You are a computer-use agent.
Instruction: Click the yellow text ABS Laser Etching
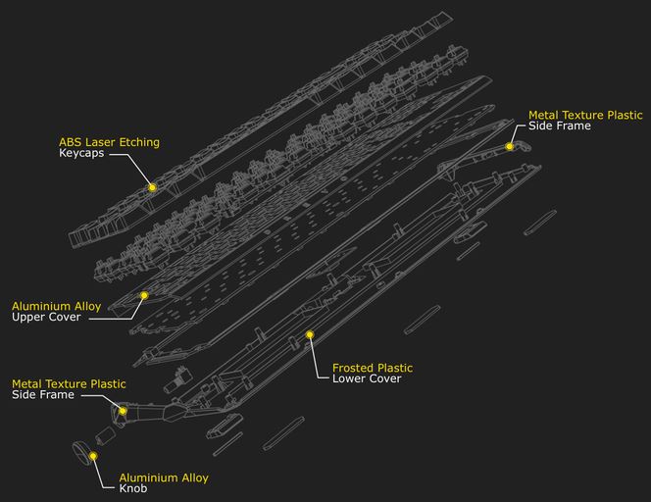click(109, 142)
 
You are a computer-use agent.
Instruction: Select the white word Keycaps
click(81, 155)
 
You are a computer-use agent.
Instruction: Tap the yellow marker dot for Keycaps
click(152, 186)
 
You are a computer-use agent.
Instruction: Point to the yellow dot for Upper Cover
click(144, 294)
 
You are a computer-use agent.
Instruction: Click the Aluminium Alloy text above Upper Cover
click(56, 306)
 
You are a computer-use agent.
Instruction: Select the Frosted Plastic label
click(373, 368)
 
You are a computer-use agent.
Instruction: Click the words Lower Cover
click(367, 379)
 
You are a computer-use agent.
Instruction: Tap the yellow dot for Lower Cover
click(310, 334)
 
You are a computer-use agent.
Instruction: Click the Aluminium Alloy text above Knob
click(164, 477)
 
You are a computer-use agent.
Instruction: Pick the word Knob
click(133, 489)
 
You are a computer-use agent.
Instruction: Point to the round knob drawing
click(82, 453)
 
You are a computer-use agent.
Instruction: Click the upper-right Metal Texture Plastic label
click(585, 115)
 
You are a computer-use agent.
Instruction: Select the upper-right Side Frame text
click(560, 126)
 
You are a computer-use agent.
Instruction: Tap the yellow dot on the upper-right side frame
click(510, 146)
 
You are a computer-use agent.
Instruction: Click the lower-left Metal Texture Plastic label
click(69, 383)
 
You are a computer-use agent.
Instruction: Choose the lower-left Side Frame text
click(43, 395)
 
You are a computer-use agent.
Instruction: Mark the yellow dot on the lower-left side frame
click(123, 411)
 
